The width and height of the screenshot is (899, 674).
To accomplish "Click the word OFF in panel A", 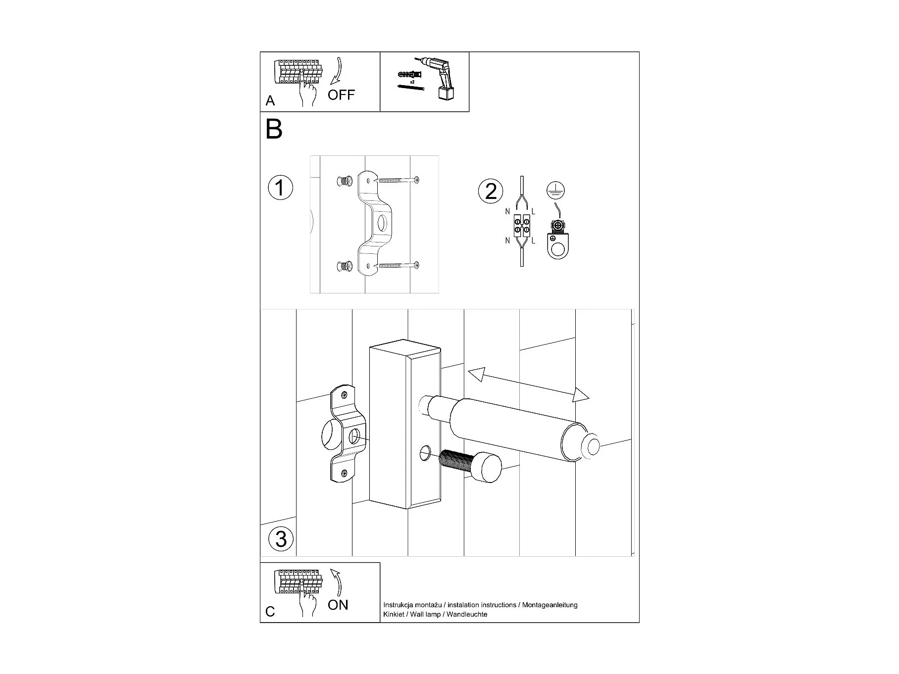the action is [x=341, y=95].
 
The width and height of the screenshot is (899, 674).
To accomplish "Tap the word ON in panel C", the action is [x=338, y=605].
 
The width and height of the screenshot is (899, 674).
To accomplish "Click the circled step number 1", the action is [x=280, y=189].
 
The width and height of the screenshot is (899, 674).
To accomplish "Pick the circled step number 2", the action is [x=491, y=192].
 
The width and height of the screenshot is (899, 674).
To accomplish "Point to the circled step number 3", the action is [x=281, y=538].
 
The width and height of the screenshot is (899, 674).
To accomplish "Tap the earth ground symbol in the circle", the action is [x=556, y=191].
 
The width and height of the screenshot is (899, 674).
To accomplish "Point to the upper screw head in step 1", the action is [x=417, y=179].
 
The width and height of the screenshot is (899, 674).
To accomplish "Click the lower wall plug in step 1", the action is [x=344, y=267].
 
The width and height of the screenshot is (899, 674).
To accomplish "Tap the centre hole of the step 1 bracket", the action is [x=382, y=224].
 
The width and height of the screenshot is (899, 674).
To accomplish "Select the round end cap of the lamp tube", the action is [x=591, y=446].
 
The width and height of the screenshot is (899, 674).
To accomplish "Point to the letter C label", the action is [x=270, y=612].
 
